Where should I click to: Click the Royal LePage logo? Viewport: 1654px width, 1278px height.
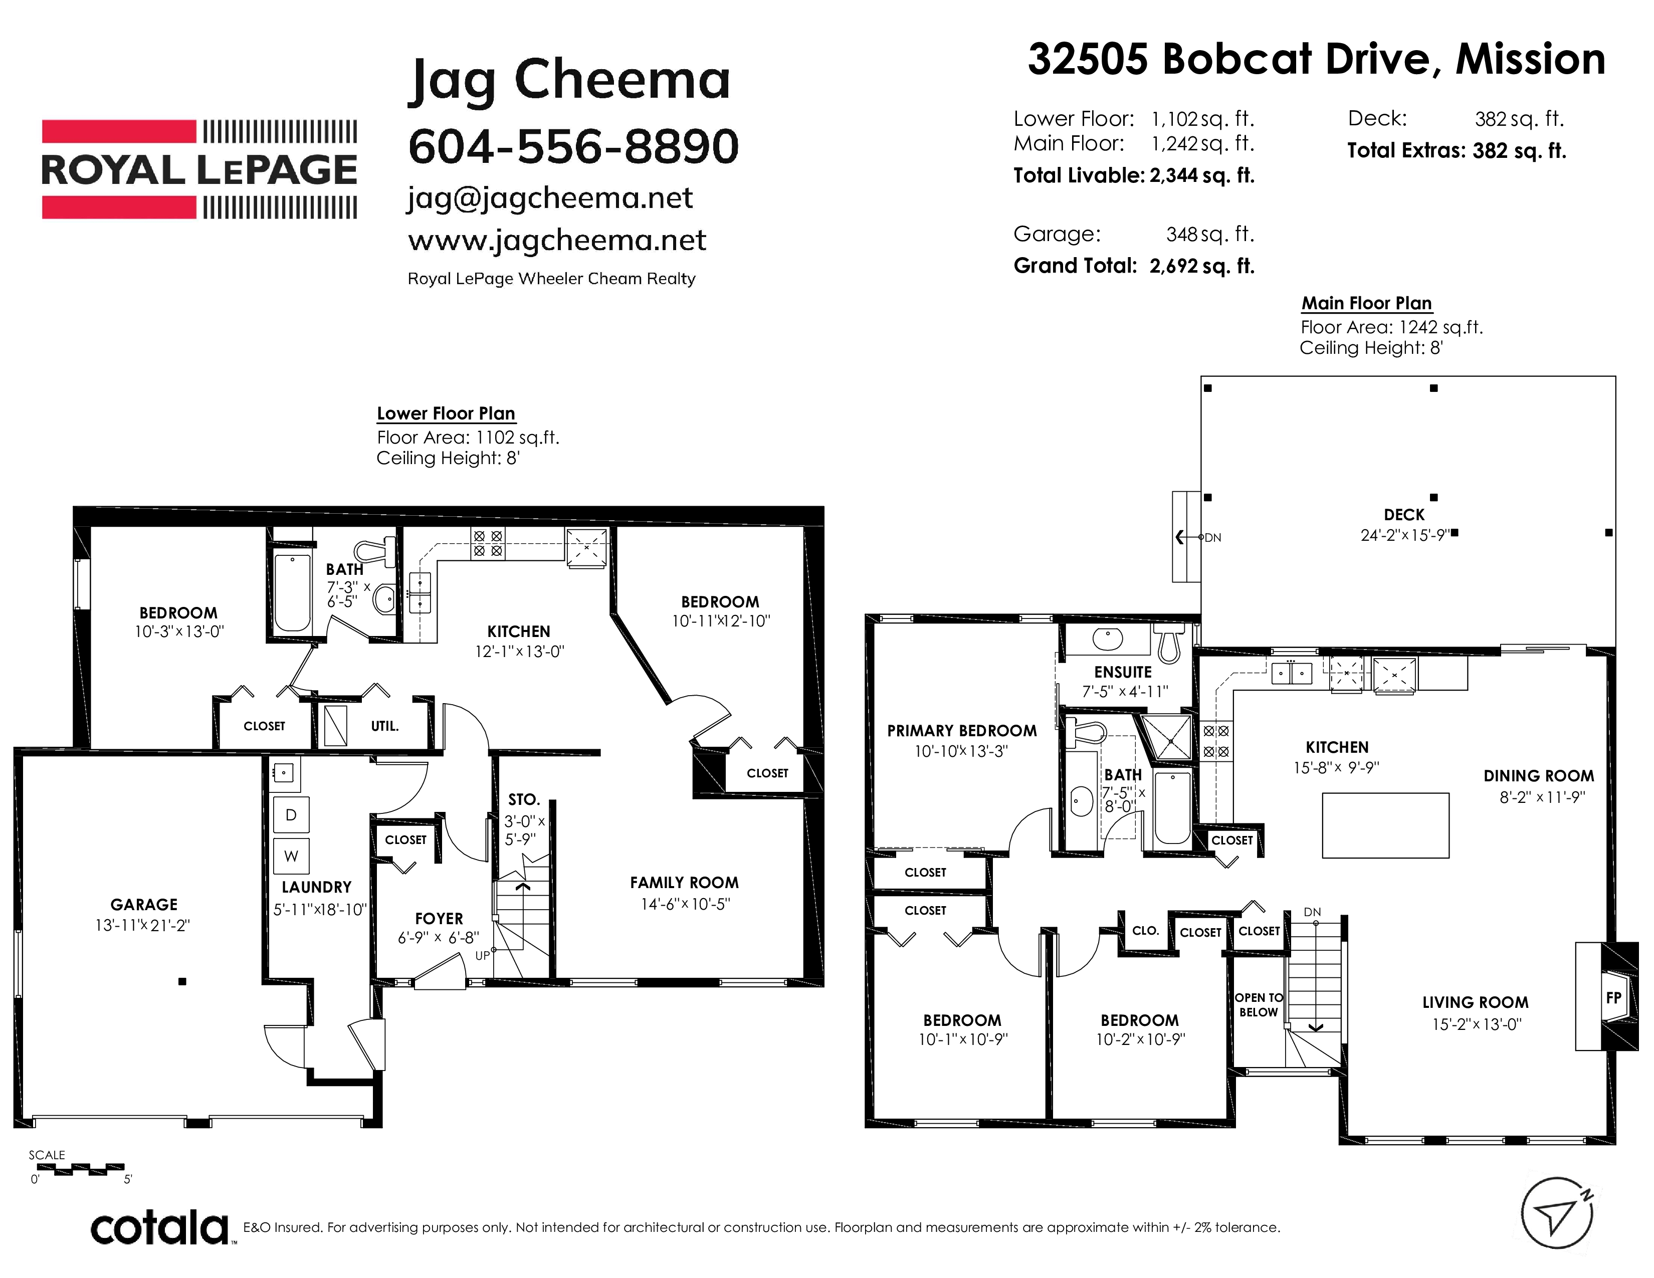click(199, 169)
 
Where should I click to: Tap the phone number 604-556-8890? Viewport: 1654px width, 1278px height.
click(573, 146)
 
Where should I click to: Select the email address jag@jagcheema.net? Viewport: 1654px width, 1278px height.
click(550, 198)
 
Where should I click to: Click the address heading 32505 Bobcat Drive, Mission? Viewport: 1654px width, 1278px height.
click(1316, 59)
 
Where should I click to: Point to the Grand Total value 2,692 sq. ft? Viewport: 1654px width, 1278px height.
click(1202, 266)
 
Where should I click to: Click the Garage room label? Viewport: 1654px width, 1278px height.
click(144, 904)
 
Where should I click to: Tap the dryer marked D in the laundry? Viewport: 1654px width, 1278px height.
click(291, 814)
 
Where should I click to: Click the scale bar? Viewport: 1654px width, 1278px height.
click(78, 1170)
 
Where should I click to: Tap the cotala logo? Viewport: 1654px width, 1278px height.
click(160, 1227)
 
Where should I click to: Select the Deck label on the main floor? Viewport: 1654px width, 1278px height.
click(1404, 515)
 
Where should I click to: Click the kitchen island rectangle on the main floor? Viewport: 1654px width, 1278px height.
click(1386, 826)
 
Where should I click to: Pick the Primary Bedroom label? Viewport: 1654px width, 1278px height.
click(962, 731)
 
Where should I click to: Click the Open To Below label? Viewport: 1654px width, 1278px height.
click(1259, 1005)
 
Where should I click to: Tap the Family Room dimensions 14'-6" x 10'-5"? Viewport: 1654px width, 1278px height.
click(685, 904)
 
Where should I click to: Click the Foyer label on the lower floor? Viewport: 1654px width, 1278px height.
click(439, 918)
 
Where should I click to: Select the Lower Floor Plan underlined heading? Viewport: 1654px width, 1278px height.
click(446, 414)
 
